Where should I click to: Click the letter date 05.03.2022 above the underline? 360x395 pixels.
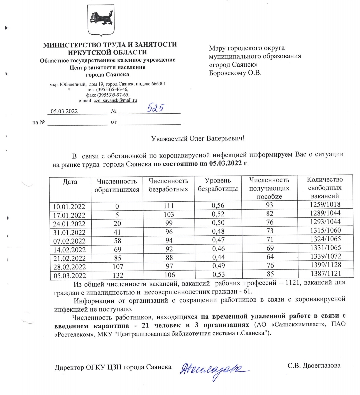(64, 111)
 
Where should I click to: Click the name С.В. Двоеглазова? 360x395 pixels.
(314, 365)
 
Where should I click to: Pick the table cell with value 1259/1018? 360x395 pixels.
(325, 204)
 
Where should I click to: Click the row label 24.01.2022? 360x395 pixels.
(69, 224)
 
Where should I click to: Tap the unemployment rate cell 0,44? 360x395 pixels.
(218, 257)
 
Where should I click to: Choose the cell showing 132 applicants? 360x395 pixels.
(118, 275)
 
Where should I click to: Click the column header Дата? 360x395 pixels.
(70, 182)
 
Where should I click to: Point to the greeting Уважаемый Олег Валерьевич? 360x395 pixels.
(198, 138)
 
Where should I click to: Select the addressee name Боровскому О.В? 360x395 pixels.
(235, 73)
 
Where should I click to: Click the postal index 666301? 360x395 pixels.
(156, 84)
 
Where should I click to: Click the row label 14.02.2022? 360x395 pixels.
(69, 250)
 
